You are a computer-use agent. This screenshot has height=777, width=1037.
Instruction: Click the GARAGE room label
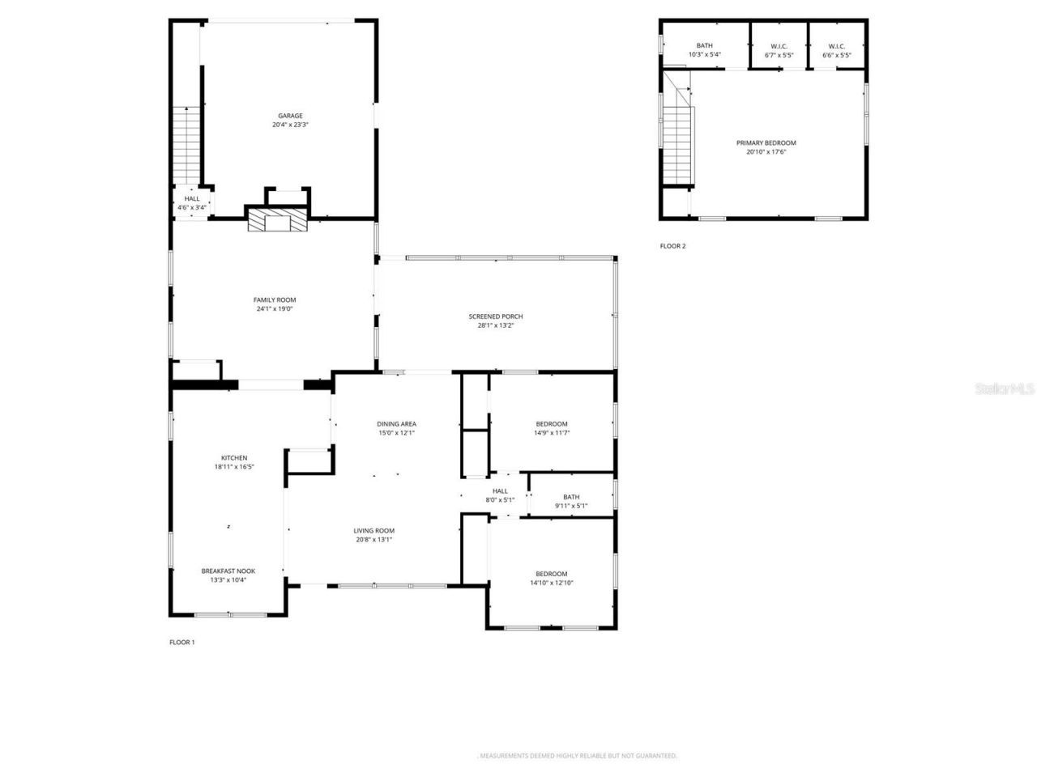290,116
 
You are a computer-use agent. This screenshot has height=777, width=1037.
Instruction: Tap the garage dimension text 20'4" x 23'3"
290,125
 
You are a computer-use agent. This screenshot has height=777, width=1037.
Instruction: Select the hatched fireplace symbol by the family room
277,222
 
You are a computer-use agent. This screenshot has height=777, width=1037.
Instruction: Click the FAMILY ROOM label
275,299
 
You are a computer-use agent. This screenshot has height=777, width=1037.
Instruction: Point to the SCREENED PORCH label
495,316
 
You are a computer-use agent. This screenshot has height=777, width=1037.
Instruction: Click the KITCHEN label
234,458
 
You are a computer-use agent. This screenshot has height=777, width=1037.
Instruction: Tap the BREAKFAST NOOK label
228,571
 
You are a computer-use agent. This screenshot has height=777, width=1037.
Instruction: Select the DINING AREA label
396,423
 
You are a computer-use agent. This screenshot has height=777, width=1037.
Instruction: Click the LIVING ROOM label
373,531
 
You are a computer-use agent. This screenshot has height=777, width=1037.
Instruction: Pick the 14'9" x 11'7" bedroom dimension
551,433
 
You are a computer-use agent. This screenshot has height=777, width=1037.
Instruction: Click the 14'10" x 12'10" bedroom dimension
551,583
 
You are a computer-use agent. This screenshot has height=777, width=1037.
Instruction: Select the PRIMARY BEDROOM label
766,142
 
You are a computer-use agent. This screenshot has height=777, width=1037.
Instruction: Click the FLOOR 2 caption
672,246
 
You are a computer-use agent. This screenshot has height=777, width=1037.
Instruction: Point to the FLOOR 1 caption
181,642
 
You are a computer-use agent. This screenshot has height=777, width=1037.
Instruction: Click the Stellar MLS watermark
1005,388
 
